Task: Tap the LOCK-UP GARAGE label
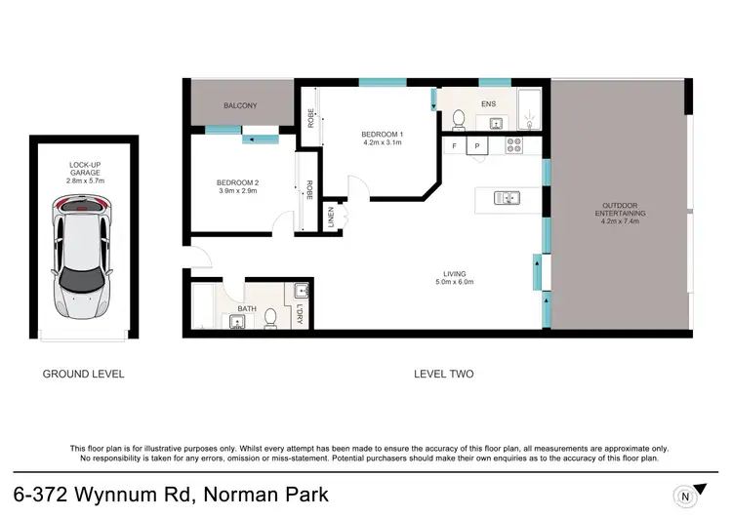click(x=83, y=171)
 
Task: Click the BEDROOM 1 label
click(x=382, y=138)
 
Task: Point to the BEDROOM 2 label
click(x=236, y=186)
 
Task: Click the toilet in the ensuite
click(x=458, y=119)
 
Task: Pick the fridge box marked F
click(x=454, y=146)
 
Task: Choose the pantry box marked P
click(x=477, y=146)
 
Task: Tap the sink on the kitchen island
click(x=507, y=198)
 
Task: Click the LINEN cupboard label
click(x=332, y=218)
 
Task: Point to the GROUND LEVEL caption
click(x=83, y=374)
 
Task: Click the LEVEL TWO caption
click(x=444, y=374)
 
